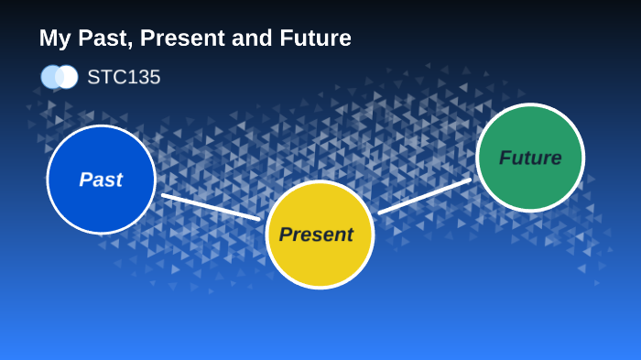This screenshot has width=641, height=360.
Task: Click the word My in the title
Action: (x=53, y=39)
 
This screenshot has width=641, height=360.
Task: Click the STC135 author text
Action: (x=124, y=78)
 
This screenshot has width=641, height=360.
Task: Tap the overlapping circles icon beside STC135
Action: (x=60, y=77)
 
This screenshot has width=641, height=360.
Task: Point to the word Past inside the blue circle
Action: (x=101, y=180)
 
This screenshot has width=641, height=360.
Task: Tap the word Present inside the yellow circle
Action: (x=316, y=235)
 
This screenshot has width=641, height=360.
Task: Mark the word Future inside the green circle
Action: (x=530, y=158)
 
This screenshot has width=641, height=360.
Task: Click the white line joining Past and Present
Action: (x=211, y=207)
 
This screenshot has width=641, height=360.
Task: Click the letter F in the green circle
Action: (x=505, y=158)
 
